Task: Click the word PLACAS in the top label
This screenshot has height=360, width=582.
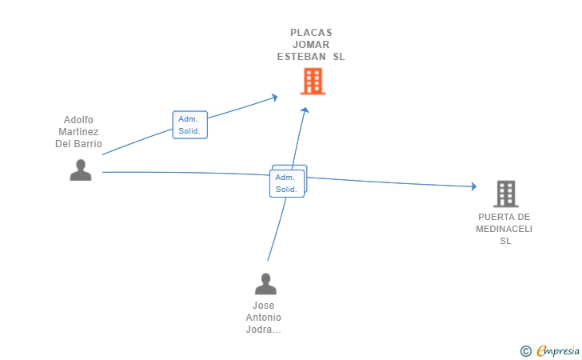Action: pos(311,33)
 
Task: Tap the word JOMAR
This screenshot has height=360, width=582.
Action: pos(311,45)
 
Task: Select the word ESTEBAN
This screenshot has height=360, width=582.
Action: pos(301,57)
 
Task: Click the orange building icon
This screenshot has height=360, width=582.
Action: pos(313,81)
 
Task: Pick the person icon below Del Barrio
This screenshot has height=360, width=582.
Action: pos(80,170)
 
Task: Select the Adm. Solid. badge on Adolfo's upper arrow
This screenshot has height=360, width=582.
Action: pos(190,125)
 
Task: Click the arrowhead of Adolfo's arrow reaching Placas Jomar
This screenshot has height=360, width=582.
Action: pos(274,98)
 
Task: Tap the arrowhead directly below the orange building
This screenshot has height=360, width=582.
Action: pos(305,110)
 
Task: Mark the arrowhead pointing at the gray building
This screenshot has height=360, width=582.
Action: pos(473,186)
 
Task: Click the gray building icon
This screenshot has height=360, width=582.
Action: pos(504,194)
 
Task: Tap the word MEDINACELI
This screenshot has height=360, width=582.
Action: pos(504,229)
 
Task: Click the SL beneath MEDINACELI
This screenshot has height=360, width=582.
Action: pos(504,241)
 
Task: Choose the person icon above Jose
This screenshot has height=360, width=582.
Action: pos(265,284)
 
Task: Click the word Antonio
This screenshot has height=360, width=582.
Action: pos(264,318)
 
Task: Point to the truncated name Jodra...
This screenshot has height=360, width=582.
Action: pos(264,330)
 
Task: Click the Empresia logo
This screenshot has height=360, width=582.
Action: pos(558,350)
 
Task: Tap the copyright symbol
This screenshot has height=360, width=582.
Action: pos(525,350)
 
